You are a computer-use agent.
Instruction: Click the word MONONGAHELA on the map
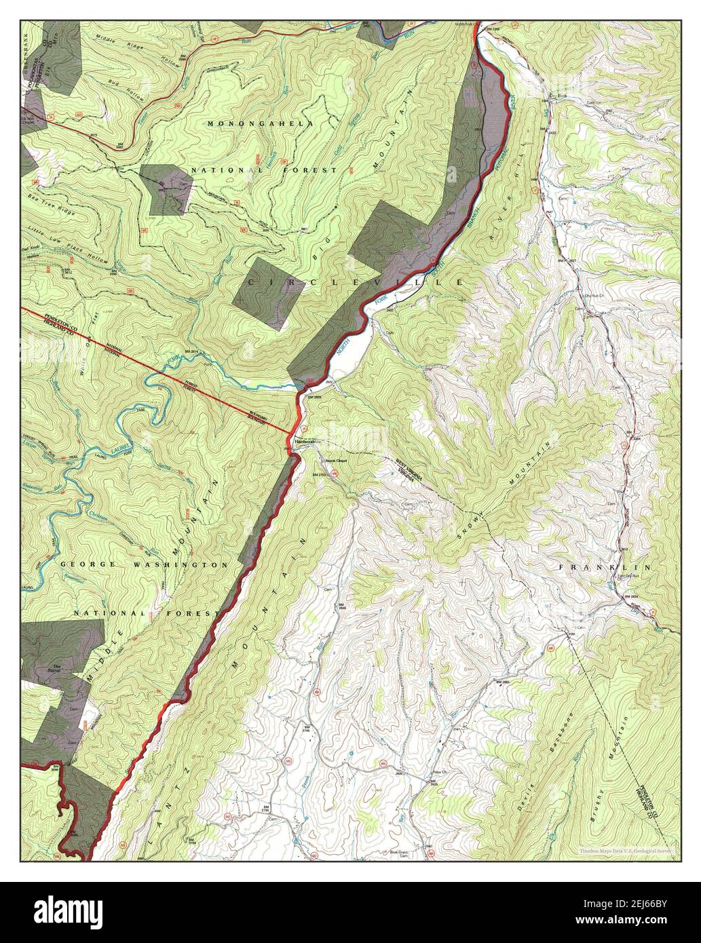(261, 124)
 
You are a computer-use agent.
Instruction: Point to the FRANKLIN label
(605, 566)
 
